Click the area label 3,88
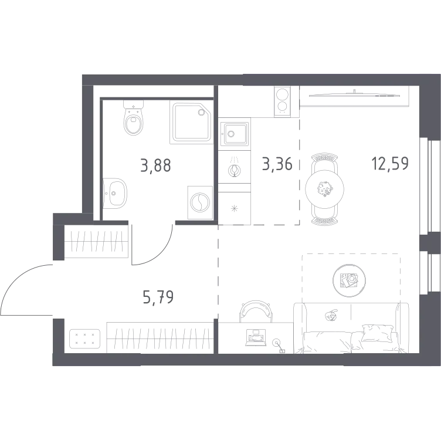pyautogui.click(x=155, y=165)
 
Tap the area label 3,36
pyautogui.click(x=277, y=164)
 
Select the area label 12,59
pyautogui.click(x=390, y=164)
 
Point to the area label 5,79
pyautogui.click(x=158, y=297)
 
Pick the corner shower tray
pyautogui.click(x=191, y=123)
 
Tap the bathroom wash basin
pyautogui.click(x=115, y=193)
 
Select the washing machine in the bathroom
pyautogui.click(x=200, y=202)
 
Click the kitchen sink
pyautogui.click(x=235, y=133)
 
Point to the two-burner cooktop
pyautogui.click(x=283, y=101)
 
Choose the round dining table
pyautogui.click(x=324, y=189)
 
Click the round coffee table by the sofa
pyautogui.click(x=349, y=280)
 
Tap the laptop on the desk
pyautogui.click(x=256, y=337)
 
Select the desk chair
pyautogui.click(x=256, y=311)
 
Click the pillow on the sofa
pyautogui.click(x=378, y=333)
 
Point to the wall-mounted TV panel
pyautogui.click(x=354, y=94)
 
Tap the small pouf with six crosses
pyautogui.click(x=84, y=339)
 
